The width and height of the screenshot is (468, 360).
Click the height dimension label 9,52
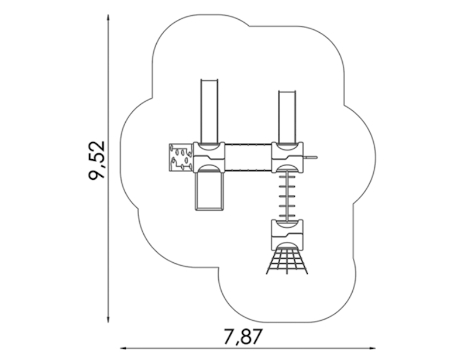click(97, 160)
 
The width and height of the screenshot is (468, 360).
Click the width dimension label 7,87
click(243, 337)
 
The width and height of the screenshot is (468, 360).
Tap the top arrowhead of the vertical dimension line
click(108, 18)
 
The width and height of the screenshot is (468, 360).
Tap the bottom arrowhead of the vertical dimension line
click(108, 320)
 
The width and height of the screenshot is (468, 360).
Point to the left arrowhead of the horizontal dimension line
click(124, 348)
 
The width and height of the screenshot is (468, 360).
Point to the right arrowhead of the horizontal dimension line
click(372, 348)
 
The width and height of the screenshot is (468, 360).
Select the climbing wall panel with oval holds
click(181, 157)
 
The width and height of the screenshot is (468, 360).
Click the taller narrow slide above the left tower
click(209, 111)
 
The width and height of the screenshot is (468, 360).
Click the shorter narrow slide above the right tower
click(287, 116)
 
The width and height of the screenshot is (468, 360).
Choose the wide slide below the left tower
click(209, 189)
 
